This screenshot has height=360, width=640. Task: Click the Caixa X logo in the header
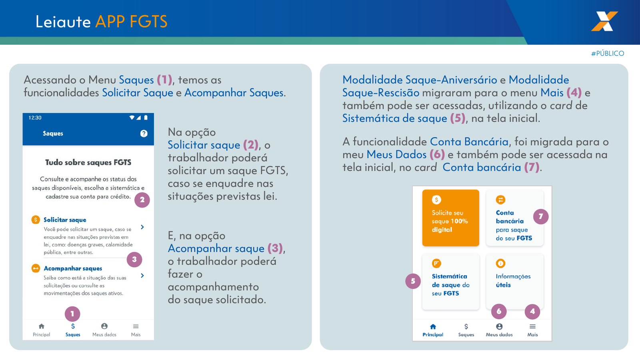coord(604,21)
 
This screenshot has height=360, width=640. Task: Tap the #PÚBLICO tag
coord(608,54)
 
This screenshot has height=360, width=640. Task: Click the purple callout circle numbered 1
coord(72,314)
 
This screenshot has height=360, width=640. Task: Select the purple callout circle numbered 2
coord(142,200)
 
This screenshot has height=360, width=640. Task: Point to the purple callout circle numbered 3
coord(134,260)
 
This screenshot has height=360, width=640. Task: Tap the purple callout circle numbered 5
coord(413,281)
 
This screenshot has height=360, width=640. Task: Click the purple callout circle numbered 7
coord(540,216)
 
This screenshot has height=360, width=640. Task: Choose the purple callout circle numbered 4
coord(532,312)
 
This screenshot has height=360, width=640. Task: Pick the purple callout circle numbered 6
coord(499,312)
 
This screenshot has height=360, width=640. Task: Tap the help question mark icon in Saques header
coord(144,134)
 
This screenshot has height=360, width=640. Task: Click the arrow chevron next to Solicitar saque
coord(142,227)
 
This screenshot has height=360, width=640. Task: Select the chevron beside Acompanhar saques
coord(142,276)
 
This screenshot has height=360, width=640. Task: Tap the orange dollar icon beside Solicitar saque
coord(36,220)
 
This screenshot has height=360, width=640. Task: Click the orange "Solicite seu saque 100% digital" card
coord(450,218)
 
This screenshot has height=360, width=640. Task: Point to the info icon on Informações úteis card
coord(500,263)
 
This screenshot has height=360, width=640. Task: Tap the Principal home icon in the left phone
coord(42,326)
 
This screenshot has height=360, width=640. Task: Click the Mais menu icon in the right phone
coord(532,326)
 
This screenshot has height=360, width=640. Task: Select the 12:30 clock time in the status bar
coord(35,118)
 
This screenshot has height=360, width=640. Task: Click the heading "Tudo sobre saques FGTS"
coord(88,162)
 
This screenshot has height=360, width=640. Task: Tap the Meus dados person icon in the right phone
coord(499,326)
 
